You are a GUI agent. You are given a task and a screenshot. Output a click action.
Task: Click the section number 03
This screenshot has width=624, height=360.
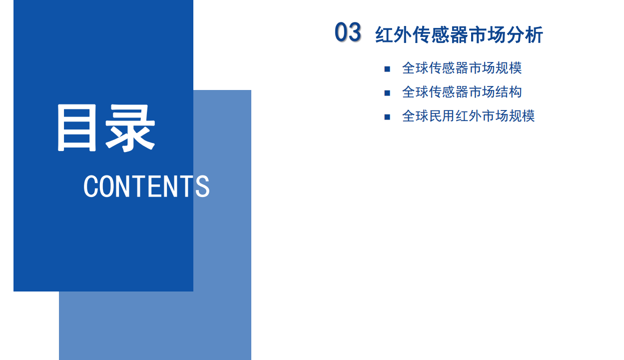pos(348,32)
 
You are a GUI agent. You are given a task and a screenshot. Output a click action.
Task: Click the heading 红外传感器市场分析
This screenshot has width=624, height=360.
pos(459,35)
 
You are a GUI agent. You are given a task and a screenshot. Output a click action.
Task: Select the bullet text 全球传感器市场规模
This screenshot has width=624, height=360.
pos(462,68)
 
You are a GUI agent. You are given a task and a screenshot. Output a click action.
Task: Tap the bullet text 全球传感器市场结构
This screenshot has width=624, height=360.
pos(462,92)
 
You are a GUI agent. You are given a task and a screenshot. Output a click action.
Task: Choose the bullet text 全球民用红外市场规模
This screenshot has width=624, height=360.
pos(468,116)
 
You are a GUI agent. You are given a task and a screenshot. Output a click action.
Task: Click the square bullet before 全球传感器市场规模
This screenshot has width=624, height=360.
pos(387,69)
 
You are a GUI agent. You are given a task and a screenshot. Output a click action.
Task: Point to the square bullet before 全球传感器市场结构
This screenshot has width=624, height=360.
pos(387,93)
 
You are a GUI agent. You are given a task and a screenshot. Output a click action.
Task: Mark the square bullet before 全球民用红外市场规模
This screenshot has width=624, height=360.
pos(387,117)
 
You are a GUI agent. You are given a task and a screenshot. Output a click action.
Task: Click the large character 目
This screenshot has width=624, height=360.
pos(77,128)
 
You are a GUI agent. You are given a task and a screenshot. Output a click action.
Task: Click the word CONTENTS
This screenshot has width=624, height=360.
pos(146,186)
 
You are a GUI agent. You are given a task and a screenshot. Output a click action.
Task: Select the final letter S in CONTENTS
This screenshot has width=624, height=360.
pos(202,186)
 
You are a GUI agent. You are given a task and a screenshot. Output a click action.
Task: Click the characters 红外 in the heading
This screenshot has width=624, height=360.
pos(392,35)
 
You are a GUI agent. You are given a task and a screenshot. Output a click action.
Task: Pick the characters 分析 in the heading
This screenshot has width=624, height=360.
pos(526,35)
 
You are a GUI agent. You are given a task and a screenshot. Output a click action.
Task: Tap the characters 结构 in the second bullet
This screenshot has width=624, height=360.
pos(509,92)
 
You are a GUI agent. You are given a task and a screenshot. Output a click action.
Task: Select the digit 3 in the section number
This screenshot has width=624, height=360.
pos(354,32)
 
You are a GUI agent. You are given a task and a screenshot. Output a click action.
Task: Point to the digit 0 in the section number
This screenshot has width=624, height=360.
pos(341,32)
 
